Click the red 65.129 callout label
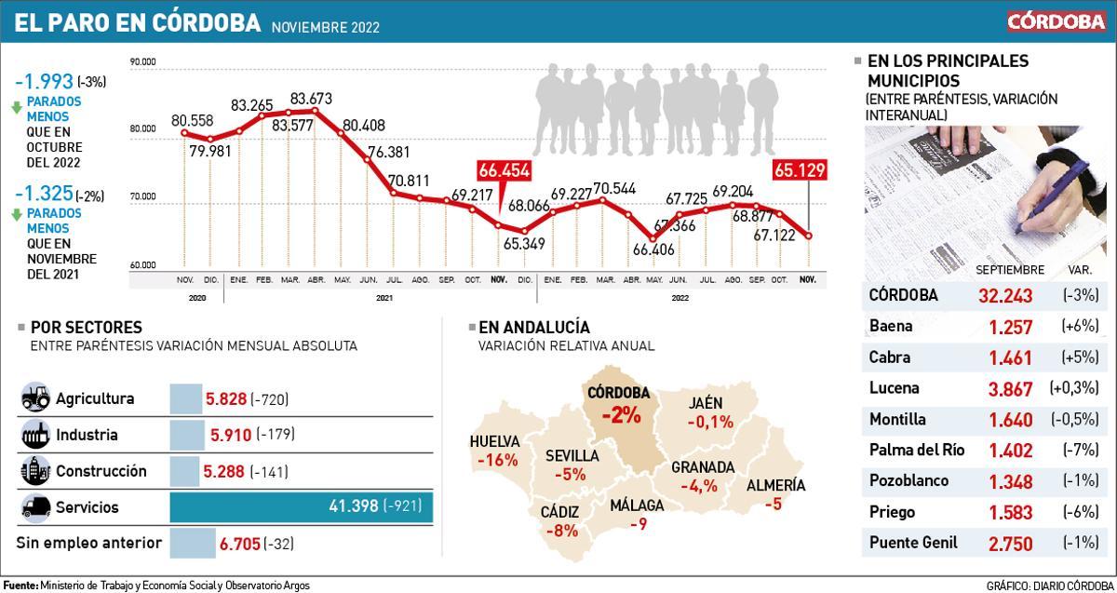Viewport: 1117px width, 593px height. point(799,170)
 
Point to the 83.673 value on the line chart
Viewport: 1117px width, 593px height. point(312,98)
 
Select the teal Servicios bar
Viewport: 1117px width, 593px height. point(301,506)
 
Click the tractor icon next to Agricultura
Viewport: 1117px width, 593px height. point(35,398)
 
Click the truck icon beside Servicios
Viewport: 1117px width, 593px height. point(35,507)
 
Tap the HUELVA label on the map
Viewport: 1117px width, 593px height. point(494,442)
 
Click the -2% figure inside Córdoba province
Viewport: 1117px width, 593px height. point(620,415)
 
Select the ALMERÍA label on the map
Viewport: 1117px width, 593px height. point(775,485)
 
